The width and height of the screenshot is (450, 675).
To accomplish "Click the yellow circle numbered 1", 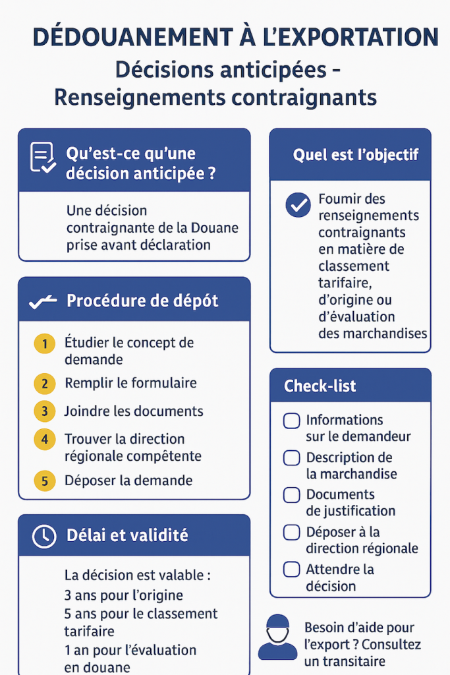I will point(44,343).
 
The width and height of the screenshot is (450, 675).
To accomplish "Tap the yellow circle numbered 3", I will point(44,412).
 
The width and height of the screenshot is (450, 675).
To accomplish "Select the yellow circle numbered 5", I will point(44,481).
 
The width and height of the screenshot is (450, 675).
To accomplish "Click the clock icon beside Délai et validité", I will point(43,536).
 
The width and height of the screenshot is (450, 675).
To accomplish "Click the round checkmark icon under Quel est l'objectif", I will point(298,205).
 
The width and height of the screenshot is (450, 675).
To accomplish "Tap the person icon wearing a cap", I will point(277,638).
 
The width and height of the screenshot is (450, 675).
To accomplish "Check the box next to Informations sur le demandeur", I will point(291,421).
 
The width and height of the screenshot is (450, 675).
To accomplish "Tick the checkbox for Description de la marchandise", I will point(291,458).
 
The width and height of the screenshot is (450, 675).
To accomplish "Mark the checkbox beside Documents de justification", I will point(291,495).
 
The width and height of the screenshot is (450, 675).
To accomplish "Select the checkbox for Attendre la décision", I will point(291,570).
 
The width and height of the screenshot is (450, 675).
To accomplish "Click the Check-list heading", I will point(320,386).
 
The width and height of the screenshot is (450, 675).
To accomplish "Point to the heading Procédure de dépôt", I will point(142,301).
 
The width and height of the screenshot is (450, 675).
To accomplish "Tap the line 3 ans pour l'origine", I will point(124,595).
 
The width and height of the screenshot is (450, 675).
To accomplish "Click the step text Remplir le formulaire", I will point(130,383).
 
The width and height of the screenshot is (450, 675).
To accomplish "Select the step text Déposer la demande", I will point(128,480).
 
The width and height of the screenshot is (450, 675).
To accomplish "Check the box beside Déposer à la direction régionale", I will point(291,533).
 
